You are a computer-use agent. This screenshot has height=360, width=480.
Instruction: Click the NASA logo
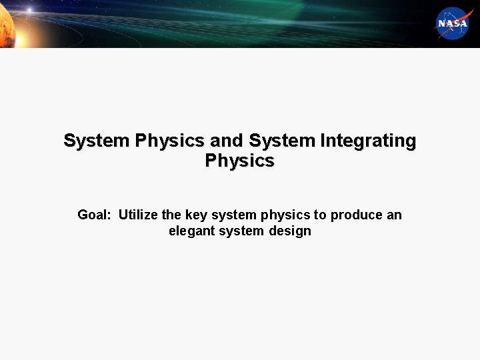453,23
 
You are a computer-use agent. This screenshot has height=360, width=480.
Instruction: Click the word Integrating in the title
368,141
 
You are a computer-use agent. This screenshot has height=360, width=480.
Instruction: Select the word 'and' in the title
227,141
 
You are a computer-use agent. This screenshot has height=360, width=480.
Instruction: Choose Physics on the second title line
239,161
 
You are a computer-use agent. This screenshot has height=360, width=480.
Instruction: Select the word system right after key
233,215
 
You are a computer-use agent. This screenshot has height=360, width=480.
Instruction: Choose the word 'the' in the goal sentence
171,215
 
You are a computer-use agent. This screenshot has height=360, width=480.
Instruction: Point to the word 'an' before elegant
394,215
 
